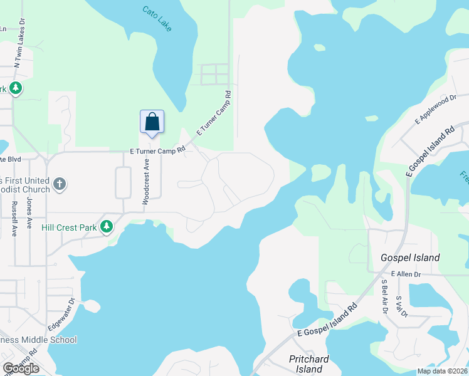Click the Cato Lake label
161,19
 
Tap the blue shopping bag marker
152,122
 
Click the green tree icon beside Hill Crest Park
107,226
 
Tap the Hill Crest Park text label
70,227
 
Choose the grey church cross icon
60,184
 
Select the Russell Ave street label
13,218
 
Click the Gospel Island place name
410,258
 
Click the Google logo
21,368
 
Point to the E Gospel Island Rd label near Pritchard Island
327,321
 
